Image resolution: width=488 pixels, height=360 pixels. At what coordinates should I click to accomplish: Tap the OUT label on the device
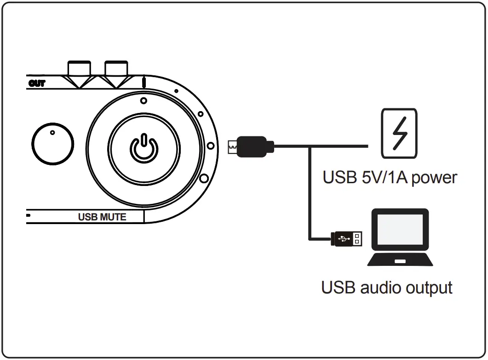pyautogui.click(x=37, y=84)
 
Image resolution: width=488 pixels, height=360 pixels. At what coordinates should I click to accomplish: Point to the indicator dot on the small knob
pyautogui.click(x=52, y=133)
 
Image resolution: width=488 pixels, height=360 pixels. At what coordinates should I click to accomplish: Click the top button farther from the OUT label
pyautogui.click(x=116, y=69)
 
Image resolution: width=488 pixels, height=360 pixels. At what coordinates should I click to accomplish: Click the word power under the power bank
pyautogui.click(x=434, y=178)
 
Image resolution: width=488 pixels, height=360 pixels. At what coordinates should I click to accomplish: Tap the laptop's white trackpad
pyautogui.click(x=400, y=261)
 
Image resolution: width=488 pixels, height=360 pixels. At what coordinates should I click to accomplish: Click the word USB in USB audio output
pyautogui.click(x=338, y=287)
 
